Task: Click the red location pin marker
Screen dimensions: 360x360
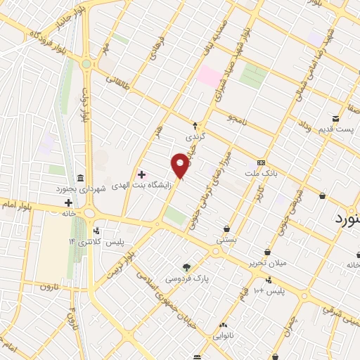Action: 181,165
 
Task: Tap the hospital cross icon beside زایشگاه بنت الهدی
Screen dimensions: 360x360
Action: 141,174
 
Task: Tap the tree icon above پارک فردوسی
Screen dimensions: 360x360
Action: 186,267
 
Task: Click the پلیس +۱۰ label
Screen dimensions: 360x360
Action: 269,290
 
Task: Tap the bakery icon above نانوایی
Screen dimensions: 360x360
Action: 224,325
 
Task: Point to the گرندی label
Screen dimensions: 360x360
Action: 194,137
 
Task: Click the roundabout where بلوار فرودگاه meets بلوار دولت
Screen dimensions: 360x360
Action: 86,63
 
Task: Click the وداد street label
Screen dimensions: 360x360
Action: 304,128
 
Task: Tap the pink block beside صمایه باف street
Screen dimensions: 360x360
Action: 209,77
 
